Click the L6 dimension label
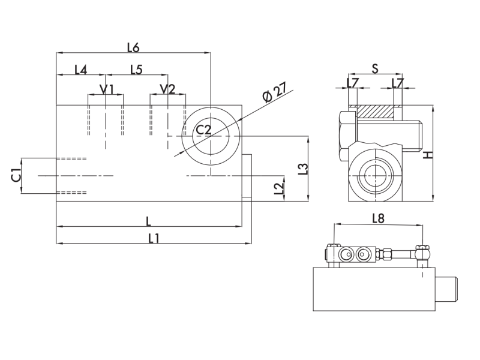(x=133, y=46)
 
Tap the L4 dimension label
(x=80, y=70)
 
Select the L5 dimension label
(x=136, y=70)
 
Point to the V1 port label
(x=107, y=89)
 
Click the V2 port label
(x=167, y=89)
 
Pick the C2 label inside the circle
(x=205, y=130)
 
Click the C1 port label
(x=16, y=175)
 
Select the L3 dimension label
(x=304, y=169)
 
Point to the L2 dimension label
(x=278, y=188)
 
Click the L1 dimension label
(x=153, y=238)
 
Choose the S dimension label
(x=374, y=68)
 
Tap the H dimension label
(x=428, y=155)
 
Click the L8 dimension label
(x=378, y=218)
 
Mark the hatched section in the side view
(x=375, y=112)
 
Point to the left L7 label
(x=353, y=82)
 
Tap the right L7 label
(x=397, y=82)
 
